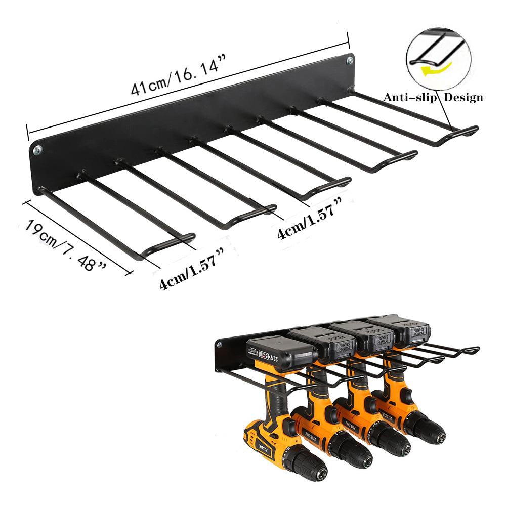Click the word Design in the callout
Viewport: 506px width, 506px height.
coord(463,98)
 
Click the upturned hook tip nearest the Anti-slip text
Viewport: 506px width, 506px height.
coord(471,130)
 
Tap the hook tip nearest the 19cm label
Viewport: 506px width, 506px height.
coord(187,236)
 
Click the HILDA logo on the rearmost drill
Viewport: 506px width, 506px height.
coord(390,415)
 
